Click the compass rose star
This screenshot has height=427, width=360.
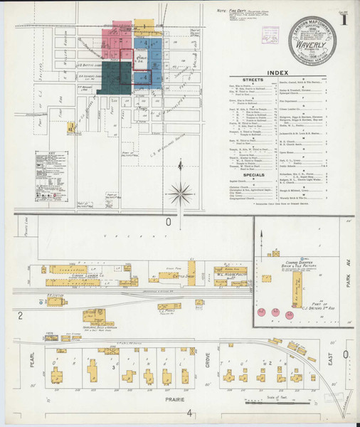(181, 193)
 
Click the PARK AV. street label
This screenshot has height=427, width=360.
(349, 269)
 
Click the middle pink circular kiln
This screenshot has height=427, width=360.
(275, 313)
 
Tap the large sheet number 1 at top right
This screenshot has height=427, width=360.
(344, 19)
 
